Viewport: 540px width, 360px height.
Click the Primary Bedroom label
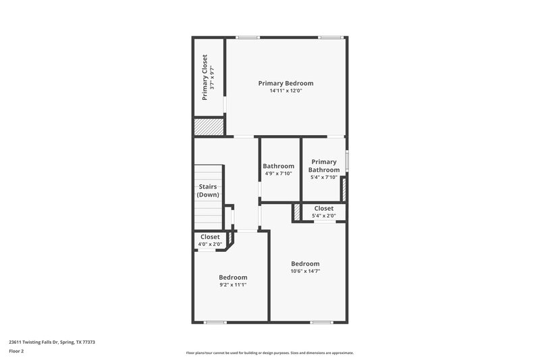(x=286, y=83)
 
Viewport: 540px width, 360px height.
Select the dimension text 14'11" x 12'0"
(x=286, y=91)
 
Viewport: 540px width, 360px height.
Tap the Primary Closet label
(x=205, y=78)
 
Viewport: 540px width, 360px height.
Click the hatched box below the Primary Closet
(x=209, y=126)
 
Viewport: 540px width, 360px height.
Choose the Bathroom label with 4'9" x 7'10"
(x=278, y=166)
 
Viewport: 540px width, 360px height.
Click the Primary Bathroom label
(x=324, y=165)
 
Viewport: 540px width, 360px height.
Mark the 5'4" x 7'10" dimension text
(x=324, y=178)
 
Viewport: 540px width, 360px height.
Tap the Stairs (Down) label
(x=208, y=190)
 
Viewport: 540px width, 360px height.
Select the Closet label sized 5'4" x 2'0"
(x=323, y=209)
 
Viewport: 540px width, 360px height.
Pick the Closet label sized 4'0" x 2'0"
(x=210, y=237)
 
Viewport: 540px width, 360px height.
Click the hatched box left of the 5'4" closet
(x=296, y=212)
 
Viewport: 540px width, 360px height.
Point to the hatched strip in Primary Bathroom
(x=343, y=189)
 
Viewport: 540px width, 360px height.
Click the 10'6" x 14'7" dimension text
(x=305, y=271)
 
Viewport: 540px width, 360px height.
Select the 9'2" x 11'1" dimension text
(x=233, y=284)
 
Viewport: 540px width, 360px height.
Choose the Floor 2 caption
(x=17, y=351)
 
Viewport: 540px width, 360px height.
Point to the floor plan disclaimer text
(x=269, y=353)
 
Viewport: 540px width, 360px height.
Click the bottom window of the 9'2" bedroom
(x=215, y=322)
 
